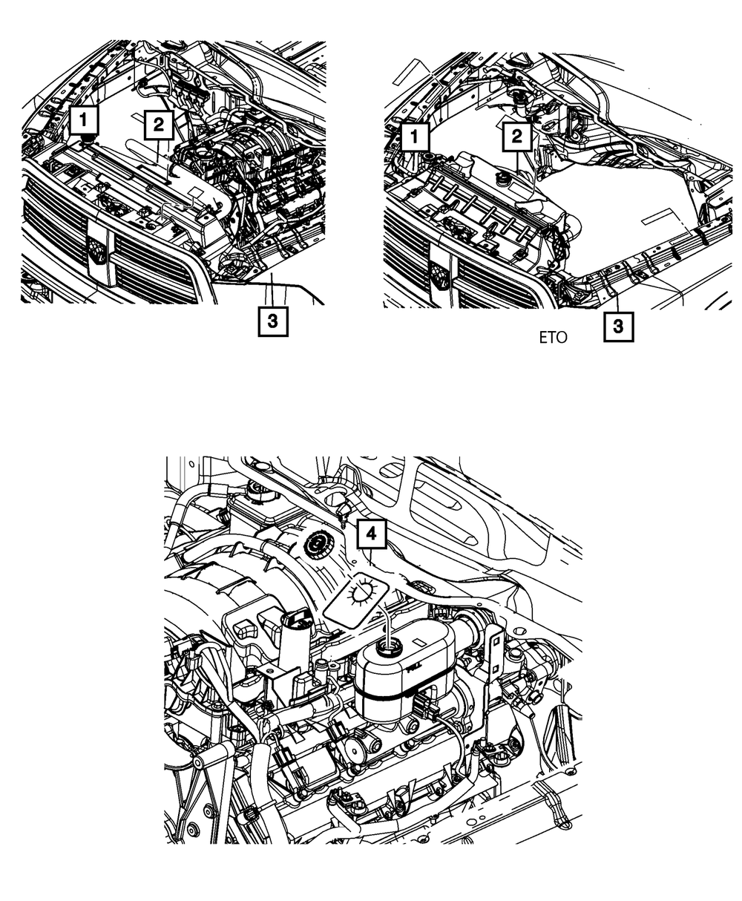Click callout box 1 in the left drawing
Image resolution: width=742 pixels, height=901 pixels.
pos(86,119)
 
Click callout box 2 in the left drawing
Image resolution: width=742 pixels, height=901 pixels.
pos(158,125)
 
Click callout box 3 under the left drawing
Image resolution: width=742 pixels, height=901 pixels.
pos(272,321)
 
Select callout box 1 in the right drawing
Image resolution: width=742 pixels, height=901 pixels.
pos(414,137)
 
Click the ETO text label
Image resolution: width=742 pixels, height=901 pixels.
pos(553,338)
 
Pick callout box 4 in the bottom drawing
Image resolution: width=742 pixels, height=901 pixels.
pos(372,533)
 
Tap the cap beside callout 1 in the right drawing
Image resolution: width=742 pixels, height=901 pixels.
pos(430,157)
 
